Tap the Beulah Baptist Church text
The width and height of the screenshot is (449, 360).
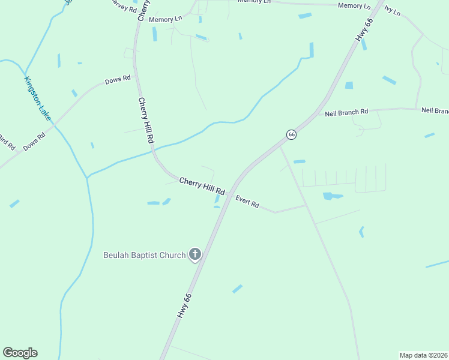click(x=144, y=255)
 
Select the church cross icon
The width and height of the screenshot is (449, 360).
click(x=194, y=255)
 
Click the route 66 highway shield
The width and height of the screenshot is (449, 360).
click(x=291, y=135)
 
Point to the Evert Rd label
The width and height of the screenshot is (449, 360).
click(x=247, y=202)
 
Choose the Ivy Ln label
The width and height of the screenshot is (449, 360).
click(x=392, y=11)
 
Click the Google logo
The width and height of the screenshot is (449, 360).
click(x=20, y=353)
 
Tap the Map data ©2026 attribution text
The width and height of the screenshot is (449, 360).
click(x=423, y=355)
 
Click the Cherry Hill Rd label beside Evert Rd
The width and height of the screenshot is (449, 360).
click(x=202, y=187)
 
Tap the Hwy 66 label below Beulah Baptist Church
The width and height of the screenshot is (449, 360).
click(x=184, y=305)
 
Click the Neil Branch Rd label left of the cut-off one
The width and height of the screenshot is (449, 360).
click(x=346, y=112)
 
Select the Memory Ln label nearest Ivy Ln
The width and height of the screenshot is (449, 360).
click(x=354, y=5)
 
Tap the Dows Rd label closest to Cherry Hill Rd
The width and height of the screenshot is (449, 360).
click(x=118, y=80)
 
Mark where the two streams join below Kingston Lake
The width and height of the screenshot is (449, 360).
click(x=88, y=178)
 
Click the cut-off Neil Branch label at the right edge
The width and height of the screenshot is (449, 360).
click(x=435, y=110)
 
